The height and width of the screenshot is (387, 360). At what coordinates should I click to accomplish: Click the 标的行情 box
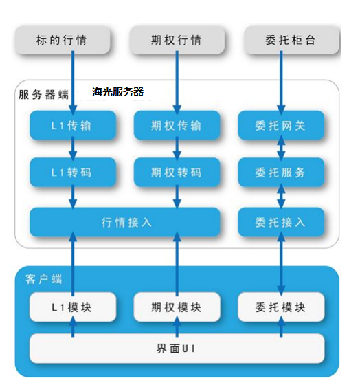click(63, 40)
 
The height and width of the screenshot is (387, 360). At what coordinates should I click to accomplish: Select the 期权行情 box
click(177, 40)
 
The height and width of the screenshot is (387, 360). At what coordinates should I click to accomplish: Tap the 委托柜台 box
click(292, 40)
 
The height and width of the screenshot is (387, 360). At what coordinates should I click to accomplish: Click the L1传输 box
click(73, 125)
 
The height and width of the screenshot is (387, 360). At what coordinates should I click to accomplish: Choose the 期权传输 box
click(177, 125)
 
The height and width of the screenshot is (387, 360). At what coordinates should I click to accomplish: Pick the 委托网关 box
click(281, 125)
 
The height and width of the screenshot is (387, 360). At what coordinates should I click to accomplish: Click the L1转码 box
click(73, 172)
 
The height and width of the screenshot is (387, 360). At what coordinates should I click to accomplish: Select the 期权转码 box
click(177, 172)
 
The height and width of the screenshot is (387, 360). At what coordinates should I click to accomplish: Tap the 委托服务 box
click(281, 172)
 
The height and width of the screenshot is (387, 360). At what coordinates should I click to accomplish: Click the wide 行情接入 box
click(125, 222)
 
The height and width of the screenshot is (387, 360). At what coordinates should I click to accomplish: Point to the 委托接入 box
click(281, 222)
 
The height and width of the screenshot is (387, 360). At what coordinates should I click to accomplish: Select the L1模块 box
click(73, 307)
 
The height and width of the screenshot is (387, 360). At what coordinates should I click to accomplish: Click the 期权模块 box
click(177, 307)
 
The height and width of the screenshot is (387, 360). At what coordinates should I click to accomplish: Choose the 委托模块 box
click(281, 307)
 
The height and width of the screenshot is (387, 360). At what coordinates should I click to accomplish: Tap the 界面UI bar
click(177, 349)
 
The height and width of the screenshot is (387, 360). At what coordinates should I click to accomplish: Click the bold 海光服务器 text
click(117, 92)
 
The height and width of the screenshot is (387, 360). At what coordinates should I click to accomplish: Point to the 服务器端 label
click(44, 95)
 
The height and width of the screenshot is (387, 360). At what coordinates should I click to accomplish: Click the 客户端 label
click(44, 279)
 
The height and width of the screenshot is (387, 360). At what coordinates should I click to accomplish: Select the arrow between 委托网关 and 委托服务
click(281, 148)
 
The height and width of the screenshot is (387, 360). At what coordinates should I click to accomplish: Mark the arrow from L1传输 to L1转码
click(73, 148)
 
